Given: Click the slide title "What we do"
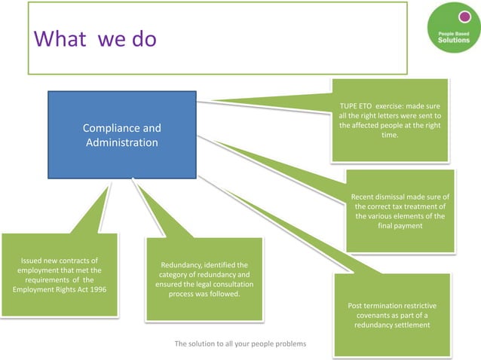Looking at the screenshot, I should [x=94, y=38].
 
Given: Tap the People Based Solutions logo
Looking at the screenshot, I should [x=452, y=29].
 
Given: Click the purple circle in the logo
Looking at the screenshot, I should [x=454, y=15].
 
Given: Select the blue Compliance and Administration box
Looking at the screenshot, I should [x=121, y=134].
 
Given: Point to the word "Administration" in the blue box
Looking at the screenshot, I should [x=121, y=142].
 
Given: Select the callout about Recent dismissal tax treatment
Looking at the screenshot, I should [x=400, y=211].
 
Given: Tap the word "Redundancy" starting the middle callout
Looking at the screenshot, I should [x=182, y=265].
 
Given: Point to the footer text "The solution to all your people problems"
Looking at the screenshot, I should [x=241, y=344].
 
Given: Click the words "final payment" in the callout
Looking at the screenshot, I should [x=400, y=225].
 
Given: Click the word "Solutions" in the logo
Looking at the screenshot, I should [x=454, y=40].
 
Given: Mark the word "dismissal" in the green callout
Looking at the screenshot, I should [x=400, y=197].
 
